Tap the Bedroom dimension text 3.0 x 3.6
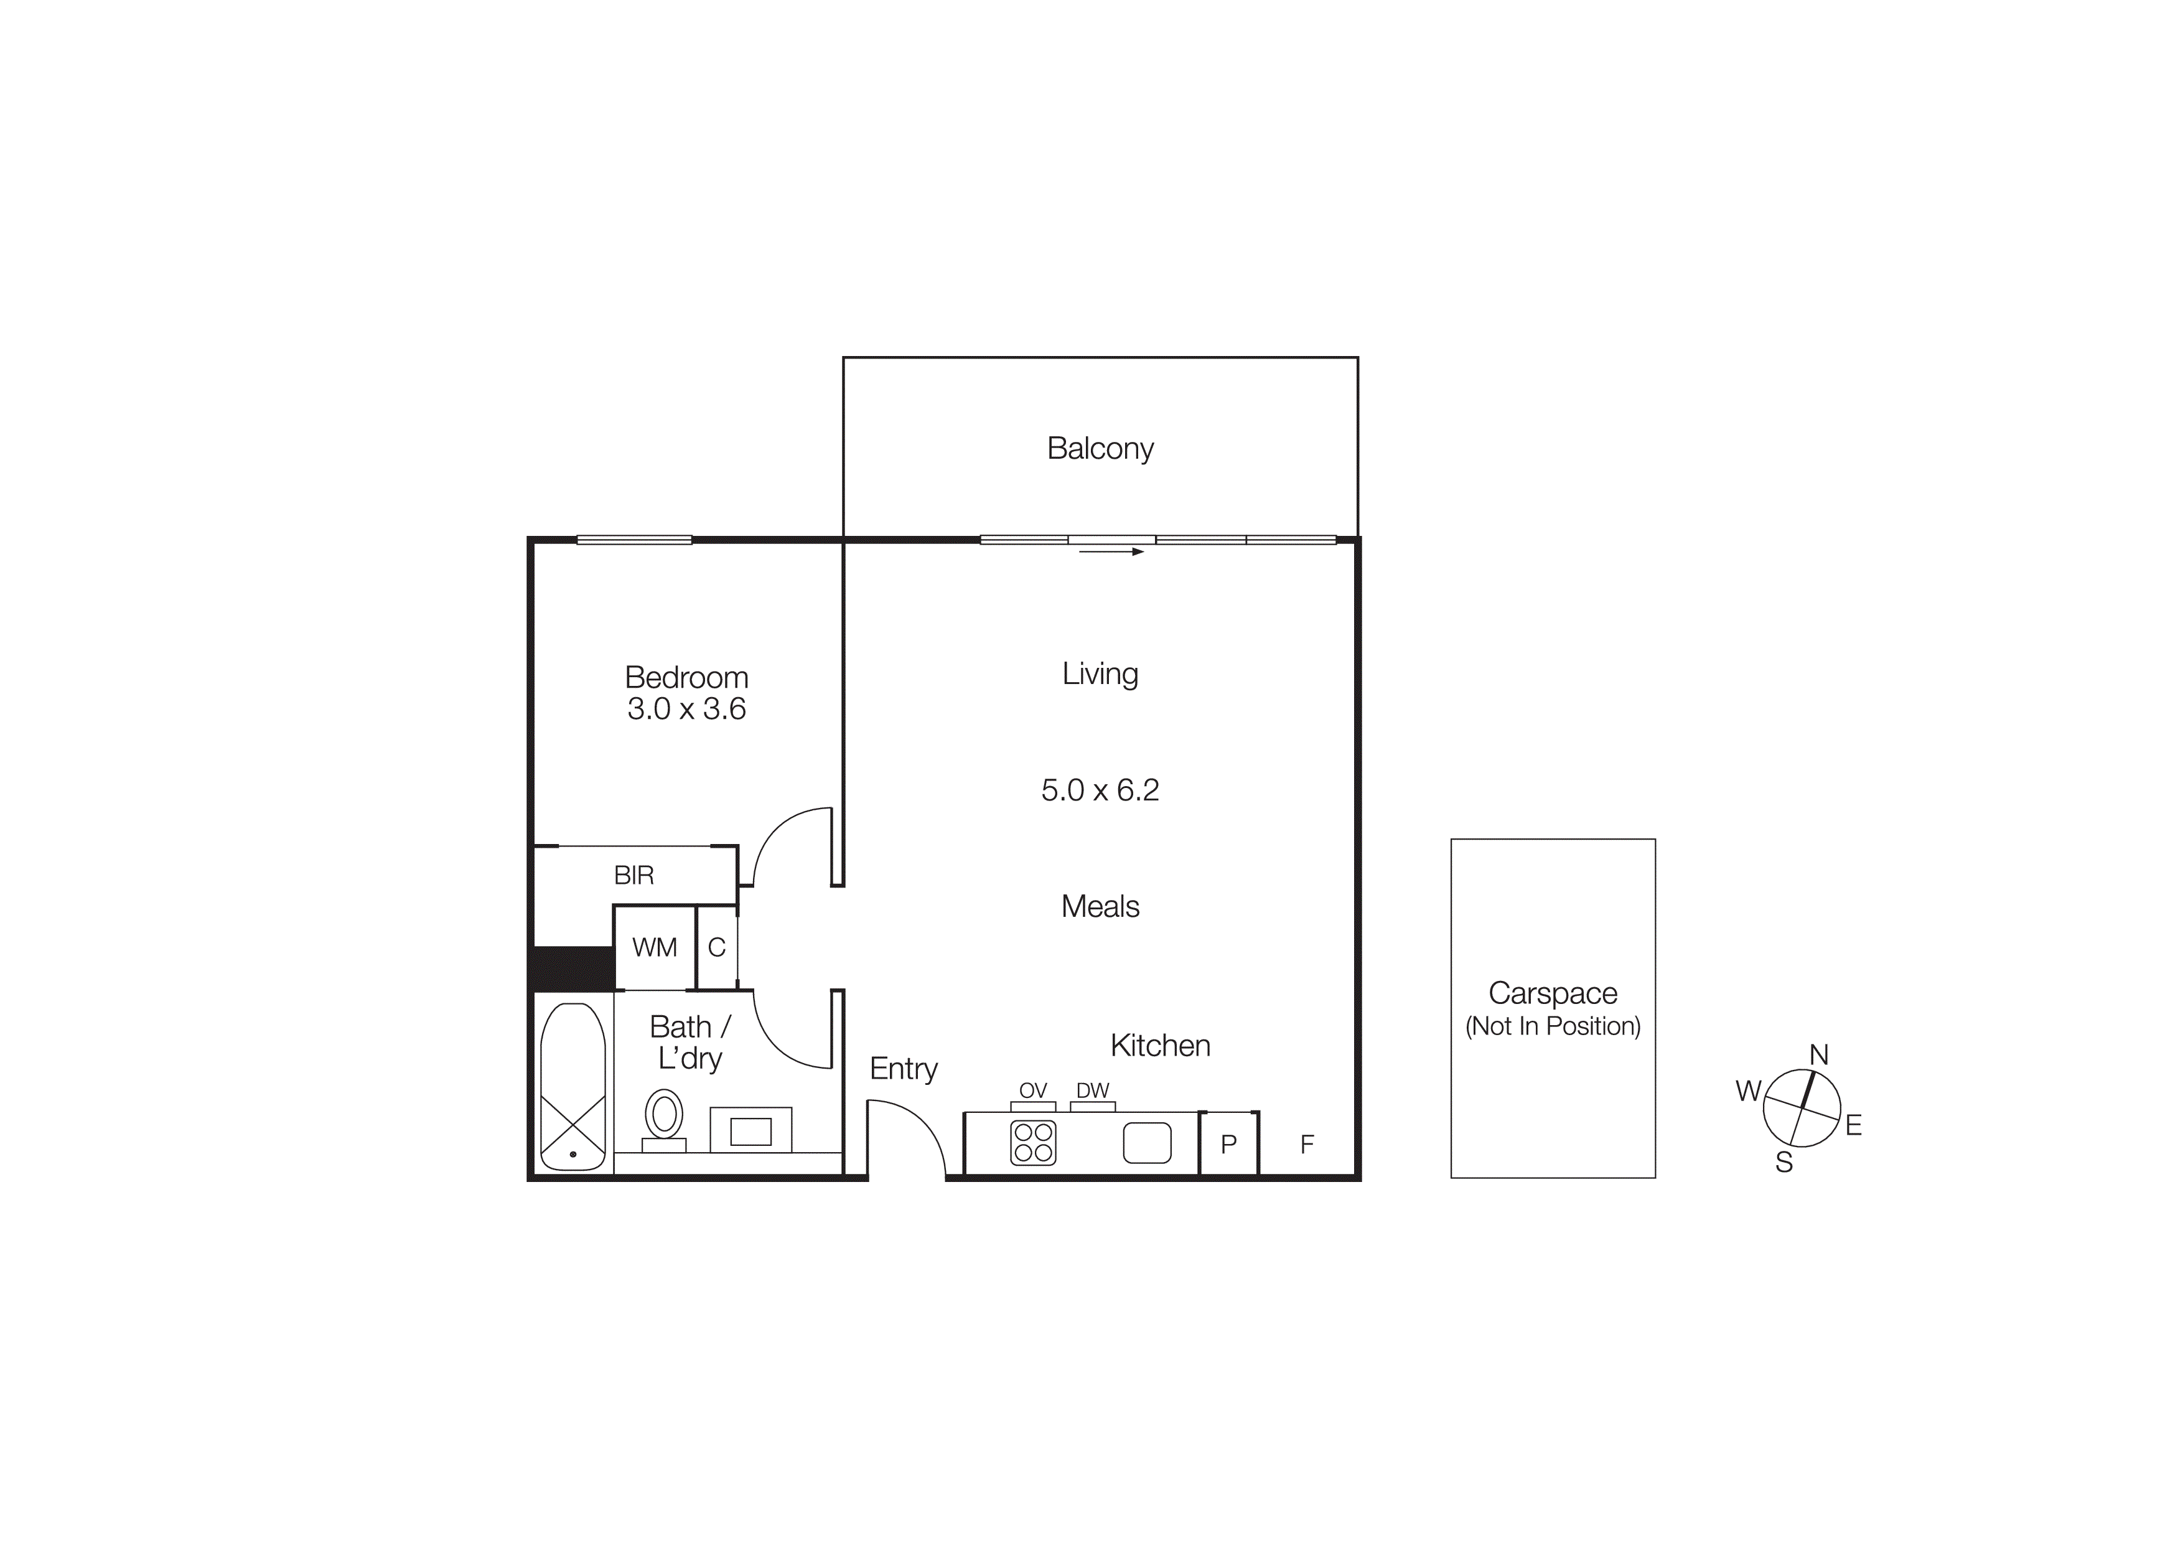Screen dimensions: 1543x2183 click(x=686, y=709)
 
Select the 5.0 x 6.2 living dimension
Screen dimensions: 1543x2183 click(x=1100, y=790)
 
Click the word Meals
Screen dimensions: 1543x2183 click(x=1100, y=906)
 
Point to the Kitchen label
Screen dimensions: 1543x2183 click(x=1160, y=1046)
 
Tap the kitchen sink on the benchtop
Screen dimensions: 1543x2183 click(x=1147, y=1143)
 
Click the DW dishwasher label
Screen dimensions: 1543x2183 click(x=1093, y=1090)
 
